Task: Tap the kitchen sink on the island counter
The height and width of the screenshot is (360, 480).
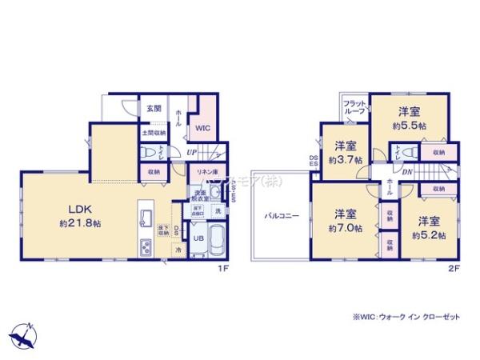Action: (x=146, y=217)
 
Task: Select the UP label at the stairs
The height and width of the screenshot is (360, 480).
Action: (x=192, y=152)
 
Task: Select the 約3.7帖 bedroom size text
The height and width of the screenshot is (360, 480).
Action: (x=346, y=159)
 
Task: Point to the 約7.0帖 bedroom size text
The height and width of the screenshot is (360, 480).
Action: (x=346, y=227)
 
